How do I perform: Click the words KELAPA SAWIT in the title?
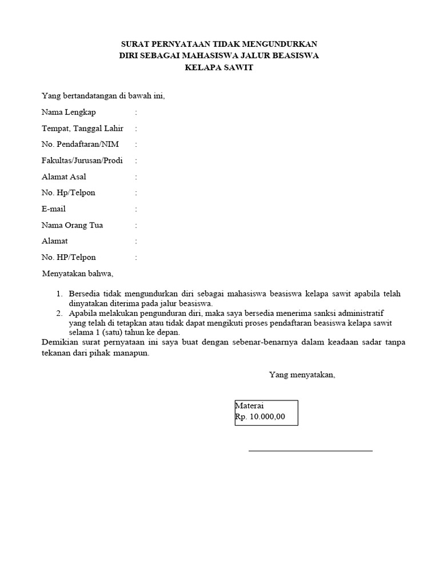pos(219,67)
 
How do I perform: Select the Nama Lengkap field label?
pos(69,112)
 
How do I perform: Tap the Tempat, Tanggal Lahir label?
pos(82,129)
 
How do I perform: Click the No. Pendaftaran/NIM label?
pos(80,145)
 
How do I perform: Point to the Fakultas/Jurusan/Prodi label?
pos(82,161)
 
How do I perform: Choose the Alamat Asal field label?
pos(64,177)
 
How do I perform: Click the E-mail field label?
pos(54,209)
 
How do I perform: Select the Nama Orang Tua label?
pos(73,225)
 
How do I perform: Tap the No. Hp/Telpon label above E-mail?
pos(69,193)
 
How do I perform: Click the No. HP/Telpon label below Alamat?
pos(69,258)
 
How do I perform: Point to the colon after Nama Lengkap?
pos(136,113)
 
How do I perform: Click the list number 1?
pos(59,294)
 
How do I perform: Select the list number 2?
pos(59,314)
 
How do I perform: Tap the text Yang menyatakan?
pos(302,375)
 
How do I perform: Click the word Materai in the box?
pos(250,406)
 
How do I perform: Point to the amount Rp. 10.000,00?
pos(260,417)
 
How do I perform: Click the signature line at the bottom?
pos(310,451)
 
